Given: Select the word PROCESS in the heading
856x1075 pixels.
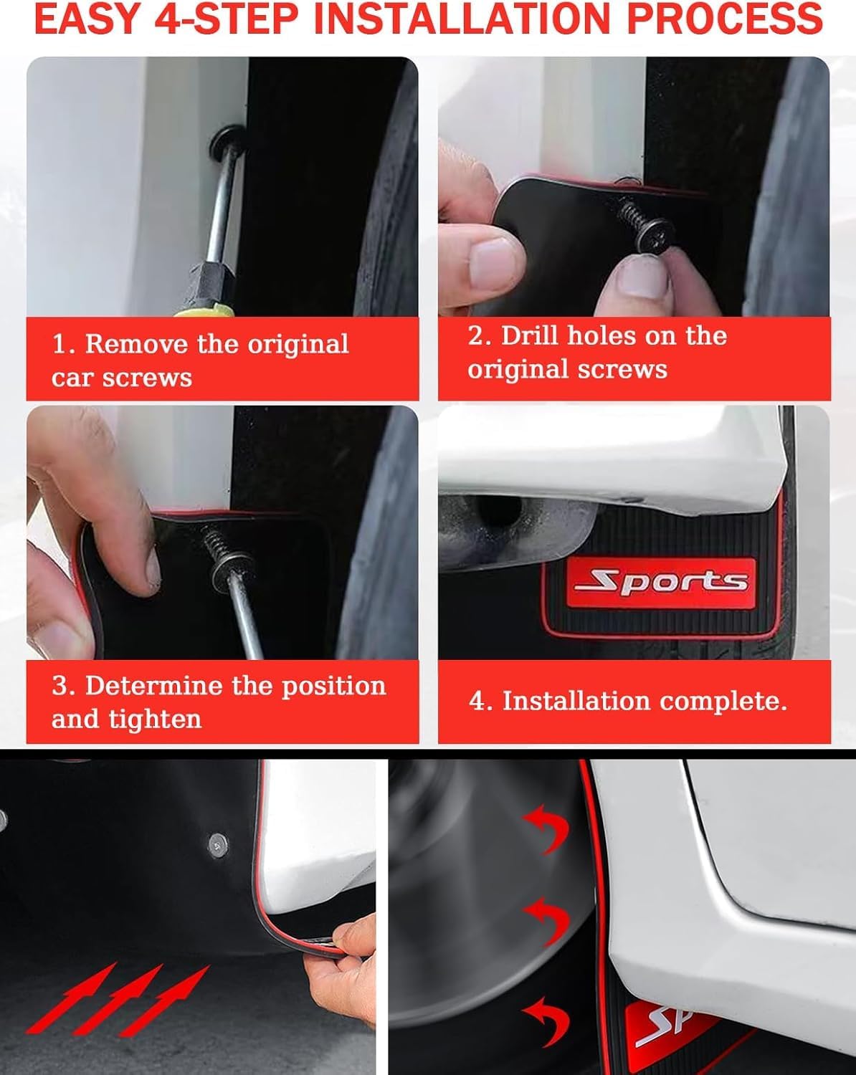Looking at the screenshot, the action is tap(724, 19).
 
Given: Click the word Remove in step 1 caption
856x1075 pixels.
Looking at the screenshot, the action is tap(136, 344).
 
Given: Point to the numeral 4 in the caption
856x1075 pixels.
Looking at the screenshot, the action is tap(476, 702).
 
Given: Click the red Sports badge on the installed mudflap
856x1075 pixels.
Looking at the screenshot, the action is tap(660, 583).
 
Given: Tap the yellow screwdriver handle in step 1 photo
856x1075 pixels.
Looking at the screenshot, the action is tap(204, 310).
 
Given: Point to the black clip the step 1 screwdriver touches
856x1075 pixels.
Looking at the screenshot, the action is tap(227, 142).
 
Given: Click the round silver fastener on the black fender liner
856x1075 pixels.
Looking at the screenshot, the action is tap(218, 846).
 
